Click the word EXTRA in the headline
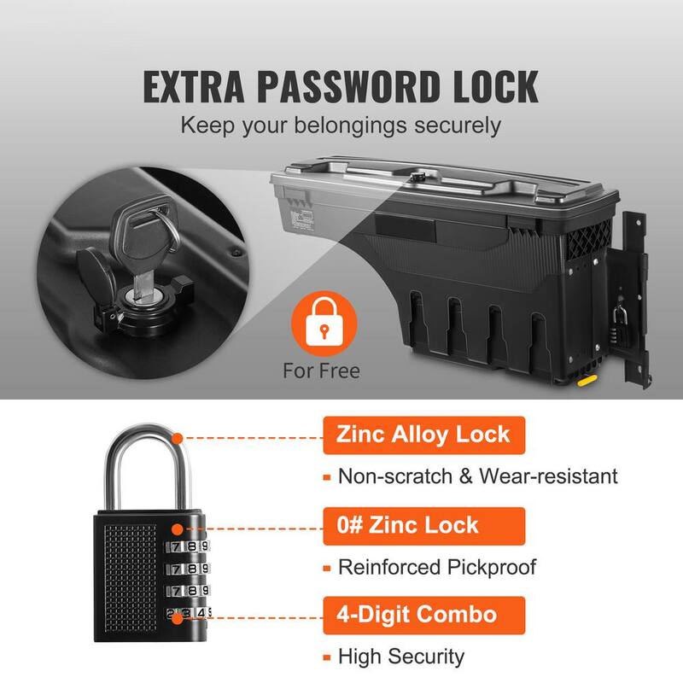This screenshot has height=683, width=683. (x=194, y=87)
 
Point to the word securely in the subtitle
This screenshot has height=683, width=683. (x=458, y=126)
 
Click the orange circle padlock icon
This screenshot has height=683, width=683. (x=324, y=324)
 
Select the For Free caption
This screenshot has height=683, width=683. (x=322, y=371)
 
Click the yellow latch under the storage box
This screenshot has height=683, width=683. (x=587, y=381)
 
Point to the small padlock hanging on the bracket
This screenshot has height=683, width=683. (x=620, y=324)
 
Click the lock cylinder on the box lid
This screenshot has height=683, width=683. (x=418, y=177)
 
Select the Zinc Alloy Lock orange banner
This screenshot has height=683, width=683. (x=423, y=435)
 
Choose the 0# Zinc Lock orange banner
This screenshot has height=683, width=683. (x=423, y=526)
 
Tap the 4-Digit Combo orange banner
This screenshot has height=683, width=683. (x=423, y=616)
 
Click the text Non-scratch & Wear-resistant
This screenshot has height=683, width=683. (x=478, y=476)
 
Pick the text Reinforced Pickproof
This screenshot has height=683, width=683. (x=437, y=567)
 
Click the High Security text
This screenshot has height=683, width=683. (x=401, y=657)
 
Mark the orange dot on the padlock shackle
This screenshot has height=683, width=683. (x=178, y=438)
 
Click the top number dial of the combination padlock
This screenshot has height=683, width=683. (x=187, y=546)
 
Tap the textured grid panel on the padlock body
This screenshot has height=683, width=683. (x=131, y=578)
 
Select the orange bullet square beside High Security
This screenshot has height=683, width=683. (x=327, y=657)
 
